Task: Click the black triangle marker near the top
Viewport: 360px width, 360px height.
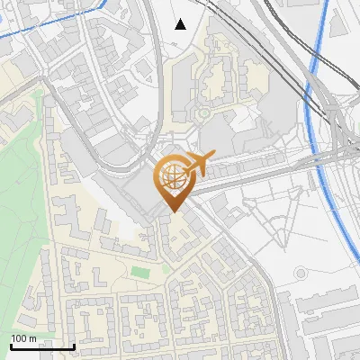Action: click(x=181, y=24)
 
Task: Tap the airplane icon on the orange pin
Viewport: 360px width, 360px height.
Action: click(x=194, y=165)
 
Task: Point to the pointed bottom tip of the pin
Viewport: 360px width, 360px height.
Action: click(x=172, y=211)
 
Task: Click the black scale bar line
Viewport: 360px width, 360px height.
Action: click(x=42, y=346)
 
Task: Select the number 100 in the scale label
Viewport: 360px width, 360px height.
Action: click(x=19, y=338)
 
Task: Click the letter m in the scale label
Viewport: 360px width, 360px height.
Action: click(x=32, y=338)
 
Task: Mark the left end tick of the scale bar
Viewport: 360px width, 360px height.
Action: click(x=11, y=344)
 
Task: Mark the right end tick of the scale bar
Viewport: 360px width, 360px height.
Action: click(x=74, y=344)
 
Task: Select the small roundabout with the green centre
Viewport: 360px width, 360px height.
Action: click(x=204, y=113)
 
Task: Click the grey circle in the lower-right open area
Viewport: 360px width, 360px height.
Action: click(x=301, y=273)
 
